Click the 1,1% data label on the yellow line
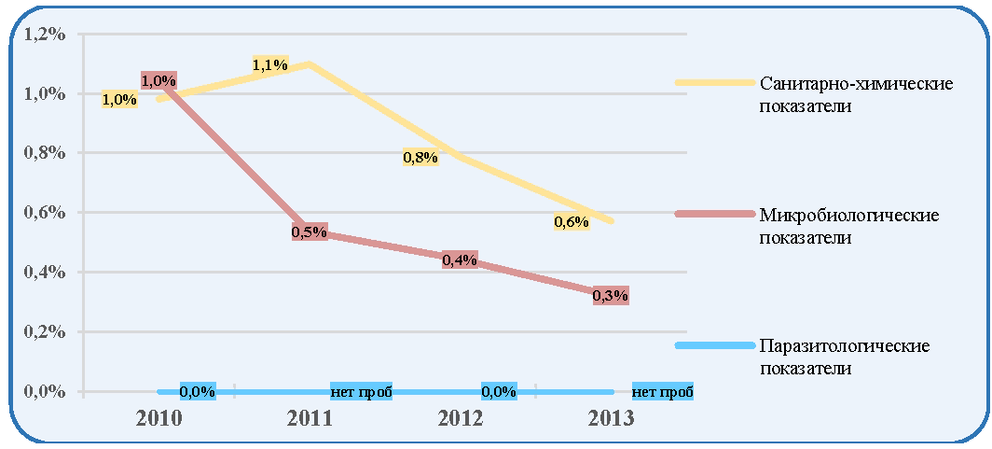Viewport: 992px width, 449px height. click(x=270, y=64)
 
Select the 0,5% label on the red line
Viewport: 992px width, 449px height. click(x=309, y=232)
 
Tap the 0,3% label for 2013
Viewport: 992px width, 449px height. click(x=611, y=295)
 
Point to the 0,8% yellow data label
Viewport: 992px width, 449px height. click(x=420, y=157)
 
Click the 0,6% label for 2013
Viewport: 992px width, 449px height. click(x=572, y=221)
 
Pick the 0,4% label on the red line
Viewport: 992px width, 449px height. click(x=460, y=260)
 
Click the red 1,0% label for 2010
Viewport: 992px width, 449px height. click(x=158, y=80)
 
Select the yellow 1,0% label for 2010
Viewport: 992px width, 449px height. click(x=119, y=100)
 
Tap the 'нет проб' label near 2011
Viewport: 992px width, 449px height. click(x=362, y=391)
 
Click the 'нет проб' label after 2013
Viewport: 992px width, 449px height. click(x=663, y=391)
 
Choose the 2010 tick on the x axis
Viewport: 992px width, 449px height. click(x=158, y=418)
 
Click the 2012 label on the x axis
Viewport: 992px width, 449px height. click(x=460, y=418)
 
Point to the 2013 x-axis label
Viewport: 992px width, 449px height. click(x=611, y=418)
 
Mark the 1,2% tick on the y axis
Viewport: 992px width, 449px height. click(x=45, y=35)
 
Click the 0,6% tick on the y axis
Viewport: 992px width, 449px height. click(x=45, y=213)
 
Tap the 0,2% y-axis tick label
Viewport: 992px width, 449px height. click(x=45, y=331)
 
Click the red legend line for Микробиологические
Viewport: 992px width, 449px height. click(x=715, y=214)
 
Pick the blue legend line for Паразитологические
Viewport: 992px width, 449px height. click(x=715, y=345)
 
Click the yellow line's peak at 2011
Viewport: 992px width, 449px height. click(x=309, y=63)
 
